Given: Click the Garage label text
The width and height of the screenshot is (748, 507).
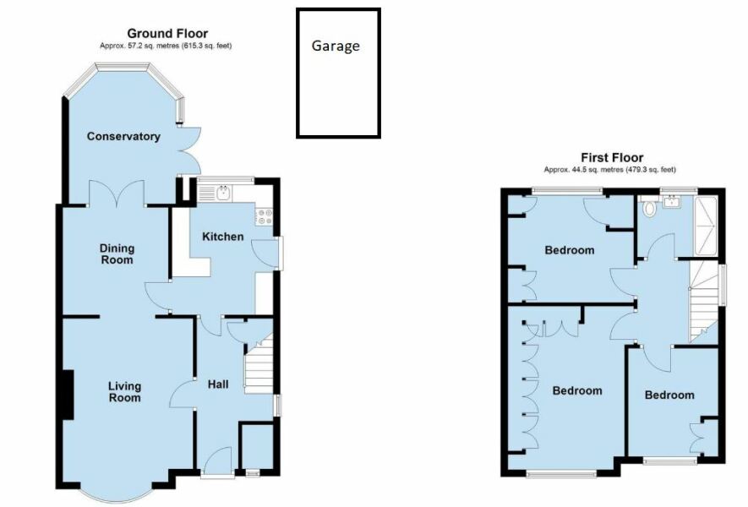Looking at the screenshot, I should (x=336, y=46).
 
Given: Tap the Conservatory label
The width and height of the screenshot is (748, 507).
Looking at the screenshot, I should (x=123, y=136).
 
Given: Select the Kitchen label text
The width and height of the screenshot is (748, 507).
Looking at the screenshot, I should (x=222, y=237).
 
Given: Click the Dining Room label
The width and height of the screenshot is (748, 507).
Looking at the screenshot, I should (x=117, y=254).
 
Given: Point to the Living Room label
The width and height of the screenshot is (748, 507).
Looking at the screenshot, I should (x=124, y=392).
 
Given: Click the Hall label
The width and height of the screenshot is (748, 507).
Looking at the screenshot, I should (x=218, y=384).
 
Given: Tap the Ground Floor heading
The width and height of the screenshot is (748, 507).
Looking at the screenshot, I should (x=167, y=33).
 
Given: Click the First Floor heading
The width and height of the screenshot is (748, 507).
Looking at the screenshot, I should (x=611, y=157).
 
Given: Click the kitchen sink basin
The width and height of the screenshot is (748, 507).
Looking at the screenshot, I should (x=223, y=194).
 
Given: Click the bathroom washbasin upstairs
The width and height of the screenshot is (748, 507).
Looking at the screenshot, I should (x=672, y=202).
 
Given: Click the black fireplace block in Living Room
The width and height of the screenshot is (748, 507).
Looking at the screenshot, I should (x=67, y=395).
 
